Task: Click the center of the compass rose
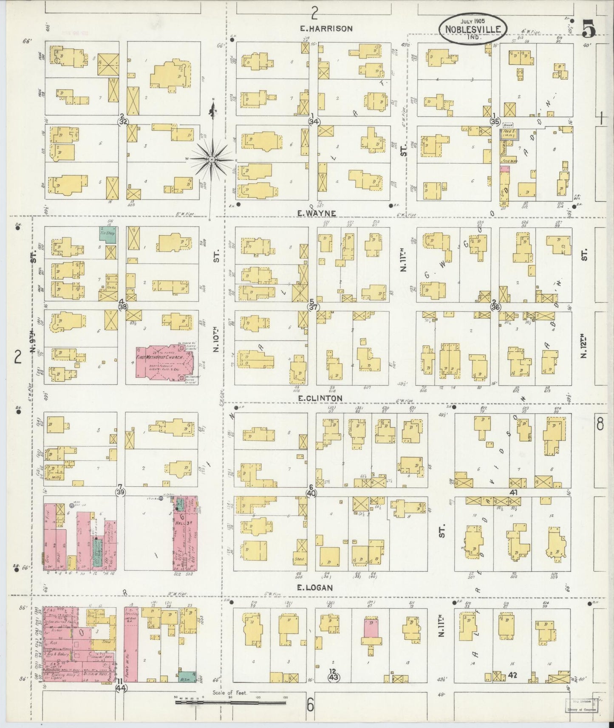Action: [x=211, y=159]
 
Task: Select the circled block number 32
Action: [x=123, y=121]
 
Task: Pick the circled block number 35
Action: [x=495, y=121]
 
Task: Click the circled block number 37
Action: [x=314, y=307]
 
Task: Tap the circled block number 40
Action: [x=311, y=494]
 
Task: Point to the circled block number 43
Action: [x=333, y=677]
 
